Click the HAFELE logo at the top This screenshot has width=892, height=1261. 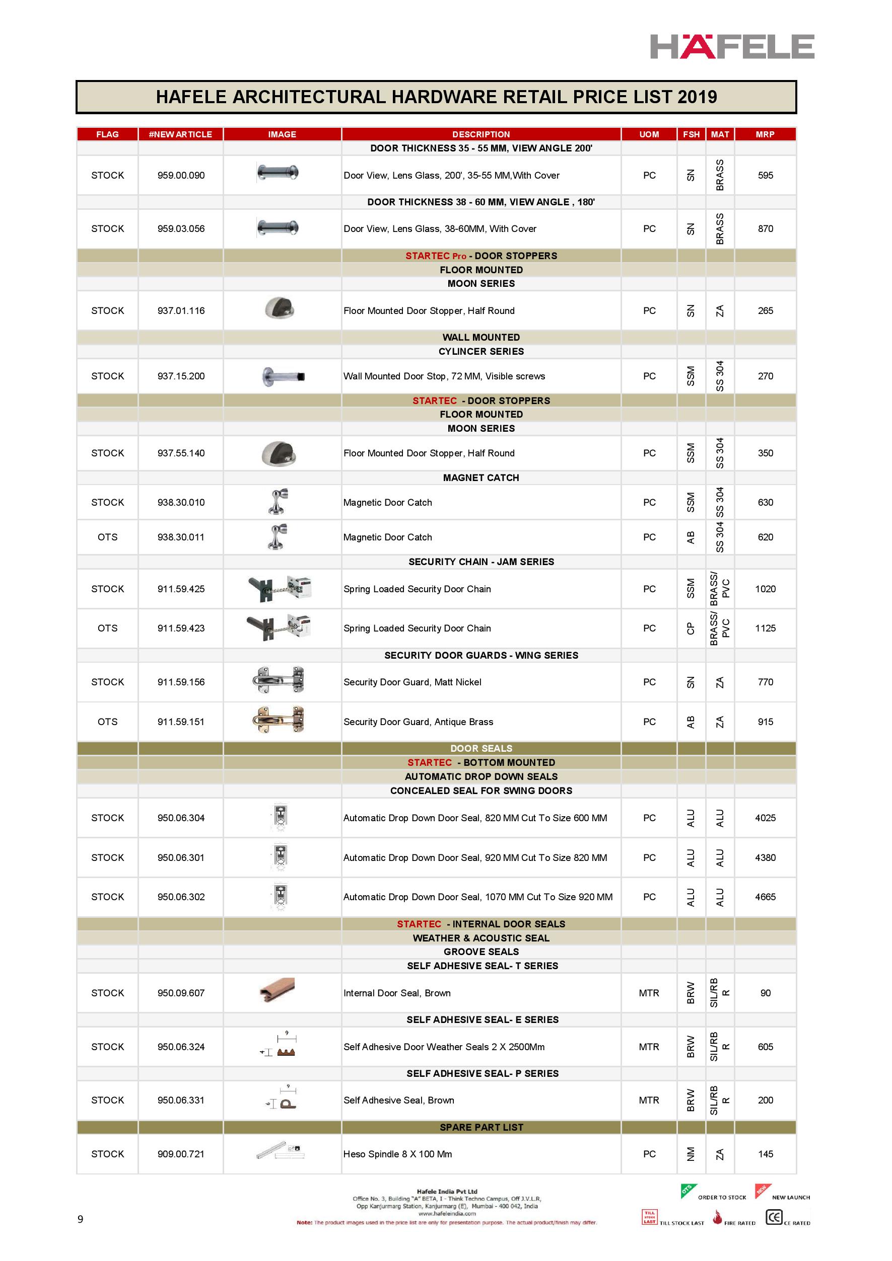click(x=731, y=47)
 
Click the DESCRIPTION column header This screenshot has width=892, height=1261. click(x=481, y=134)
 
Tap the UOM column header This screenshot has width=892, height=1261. click(x=649, y=134)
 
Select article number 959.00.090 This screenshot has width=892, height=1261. click(x=181, y=175)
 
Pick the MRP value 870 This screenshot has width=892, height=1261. click(x=765, y=228)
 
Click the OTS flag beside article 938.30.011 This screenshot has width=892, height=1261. click(x=107, y=537)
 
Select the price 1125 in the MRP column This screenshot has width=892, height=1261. click(x=765, y=628)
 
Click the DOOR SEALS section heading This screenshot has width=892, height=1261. click(x=481, y=748)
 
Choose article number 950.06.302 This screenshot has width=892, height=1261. click(x=181, y=897)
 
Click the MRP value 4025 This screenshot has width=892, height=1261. click(x=765, y=818)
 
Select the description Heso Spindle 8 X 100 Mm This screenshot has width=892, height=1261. click(x=397, y=1154)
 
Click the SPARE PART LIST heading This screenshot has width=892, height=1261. click(x=481, y=1127)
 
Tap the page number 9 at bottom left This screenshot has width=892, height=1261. click(x=80, y=1219)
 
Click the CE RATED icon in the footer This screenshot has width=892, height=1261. click(x=774, y=1217)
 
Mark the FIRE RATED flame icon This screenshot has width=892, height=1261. click(x=717, y=1218)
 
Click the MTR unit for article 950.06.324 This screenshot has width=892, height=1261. click(x=649, y=1047)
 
